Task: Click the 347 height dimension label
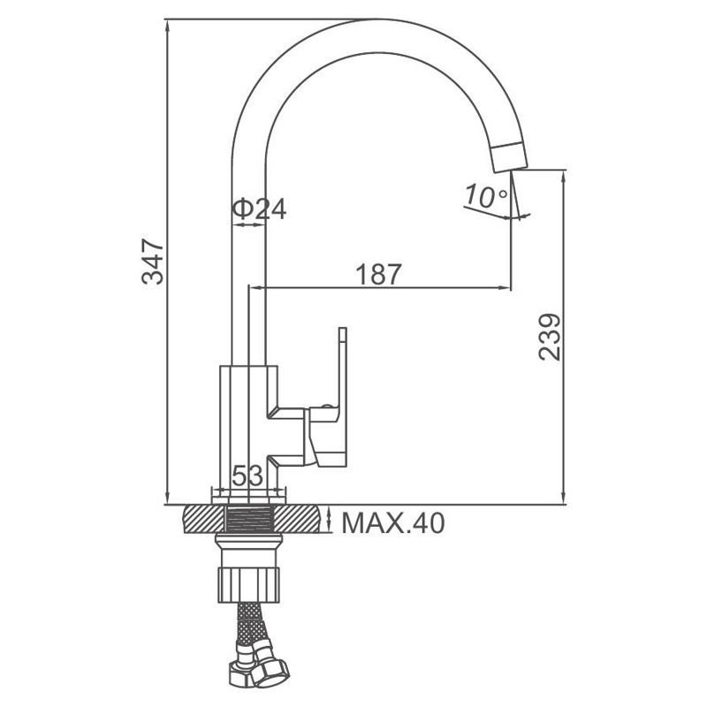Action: click(x=152, y=262)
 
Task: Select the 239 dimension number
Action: click(x=549, y=338)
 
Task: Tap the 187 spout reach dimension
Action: click(x=378, y=274)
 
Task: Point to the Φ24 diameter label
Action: click(x=259, y=209)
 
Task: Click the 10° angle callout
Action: click(x=486, y=196)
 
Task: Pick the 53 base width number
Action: click(x=247, y=475)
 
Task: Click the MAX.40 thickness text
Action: click(x=393, y=523)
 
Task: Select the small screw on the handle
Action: click(x=326, y=406)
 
